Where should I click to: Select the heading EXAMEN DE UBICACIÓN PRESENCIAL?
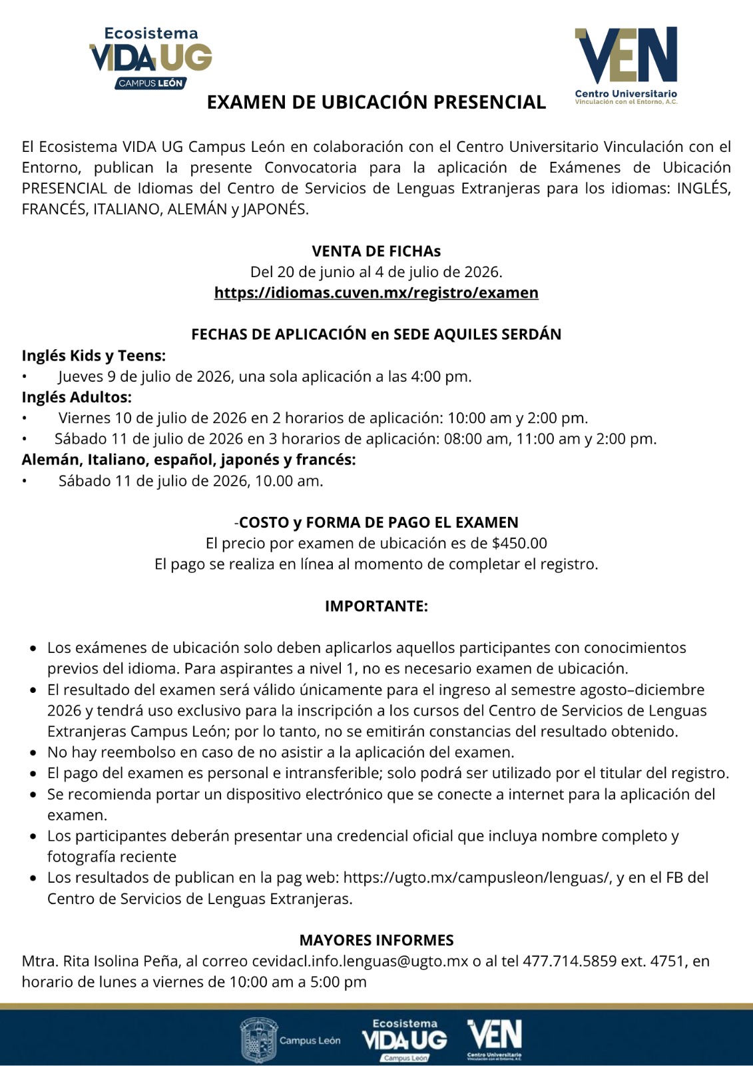pos(376,102)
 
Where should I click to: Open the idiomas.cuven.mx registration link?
pos(376,292)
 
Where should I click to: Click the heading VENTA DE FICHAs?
pos(376,251)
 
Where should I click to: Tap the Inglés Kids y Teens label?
pos(94,355)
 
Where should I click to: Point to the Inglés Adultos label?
pos(77,397)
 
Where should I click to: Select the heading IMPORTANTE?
pos(376,606)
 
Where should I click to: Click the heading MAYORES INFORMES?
pos(376,940)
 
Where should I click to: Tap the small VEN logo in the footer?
pos(495,1037)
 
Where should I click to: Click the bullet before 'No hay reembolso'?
pos(33,753)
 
